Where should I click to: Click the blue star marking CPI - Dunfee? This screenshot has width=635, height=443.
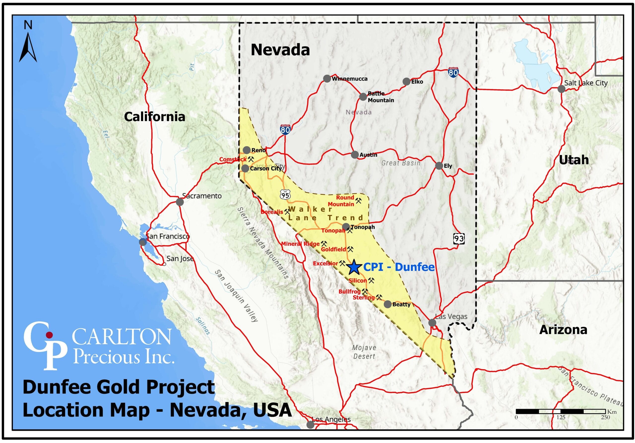(354, 267)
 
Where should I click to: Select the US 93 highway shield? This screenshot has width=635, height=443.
(459, 238)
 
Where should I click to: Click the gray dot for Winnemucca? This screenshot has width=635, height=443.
(327, 79)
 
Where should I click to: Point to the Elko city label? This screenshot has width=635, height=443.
(417, 82)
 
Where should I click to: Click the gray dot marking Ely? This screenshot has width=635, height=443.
(439, 166)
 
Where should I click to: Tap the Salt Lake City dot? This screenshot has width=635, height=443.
(561, 89)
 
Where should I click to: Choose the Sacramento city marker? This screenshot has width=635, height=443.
(180, 202)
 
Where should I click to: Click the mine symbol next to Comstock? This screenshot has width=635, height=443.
(251, 159)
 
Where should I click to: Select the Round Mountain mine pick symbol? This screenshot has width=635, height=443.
(358, 200)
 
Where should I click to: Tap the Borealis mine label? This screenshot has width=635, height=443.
(272, 212)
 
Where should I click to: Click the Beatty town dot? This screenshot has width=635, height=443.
(388, 304)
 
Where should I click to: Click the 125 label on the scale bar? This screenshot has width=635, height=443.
(561, 417)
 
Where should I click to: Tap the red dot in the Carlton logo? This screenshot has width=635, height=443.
(49, 335)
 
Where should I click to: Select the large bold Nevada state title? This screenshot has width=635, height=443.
(280, 50)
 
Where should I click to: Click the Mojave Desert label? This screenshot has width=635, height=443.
(364, 352)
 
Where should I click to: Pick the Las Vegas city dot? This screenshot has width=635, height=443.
(432, 323)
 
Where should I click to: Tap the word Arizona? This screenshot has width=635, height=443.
(563, 330)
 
